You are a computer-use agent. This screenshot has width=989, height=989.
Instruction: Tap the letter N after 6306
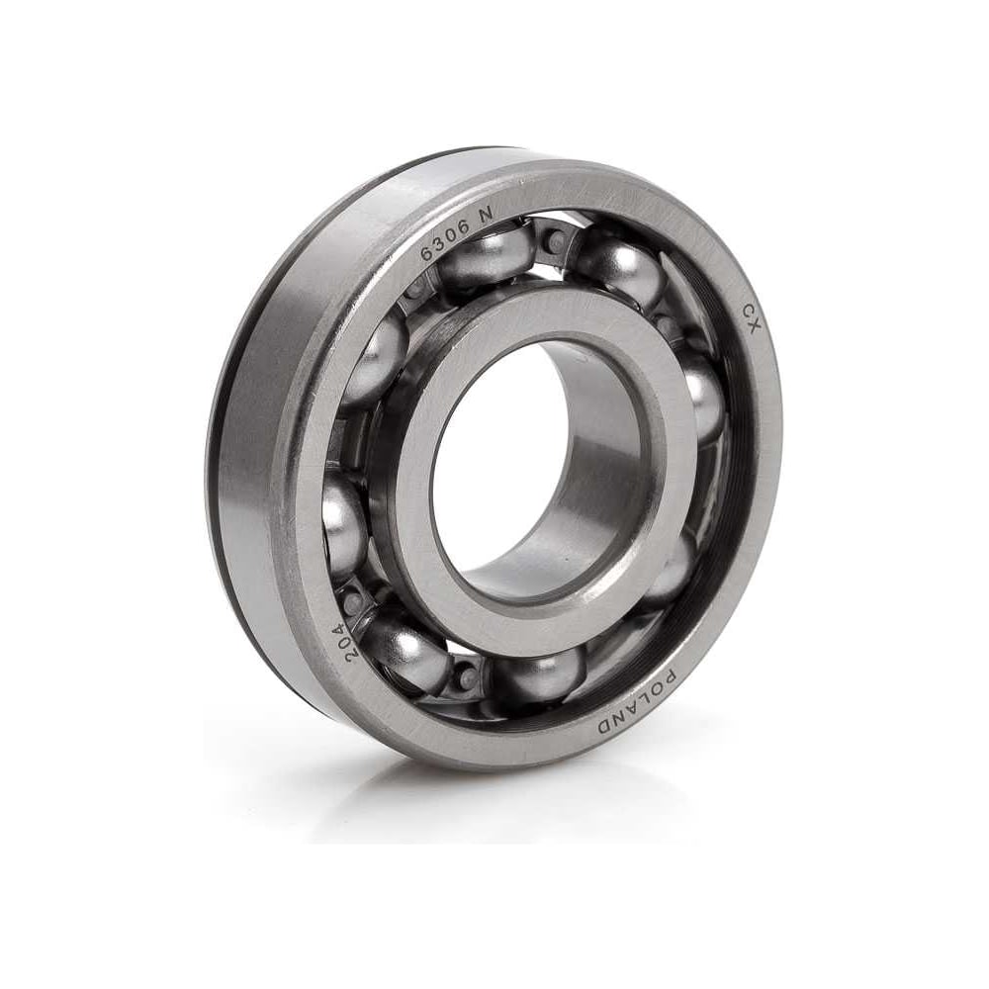pos(485,216)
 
